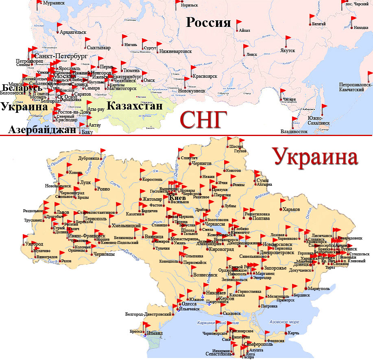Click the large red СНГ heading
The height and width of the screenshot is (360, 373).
203,120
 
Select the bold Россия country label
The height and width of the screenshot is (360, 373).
208,22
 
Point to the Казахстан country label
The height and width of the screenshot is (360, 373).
135,106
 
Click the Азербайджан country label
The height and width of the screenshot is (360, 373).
42,130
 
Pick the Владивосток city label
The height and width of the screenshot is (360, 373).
294,132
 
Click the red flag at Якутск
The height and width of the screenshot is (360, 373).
289,40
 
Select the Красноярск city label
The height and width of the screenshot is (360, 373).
205,76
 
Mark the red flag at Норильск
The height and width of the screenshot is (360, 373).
179,3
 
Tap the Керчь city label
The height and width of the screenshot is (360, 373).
293,333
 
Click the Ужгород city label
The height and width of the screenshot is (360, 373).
34,244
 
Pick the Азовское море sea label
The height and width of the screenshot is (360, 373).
278,322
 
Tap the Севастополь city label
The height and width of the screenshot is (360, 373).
219,354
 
